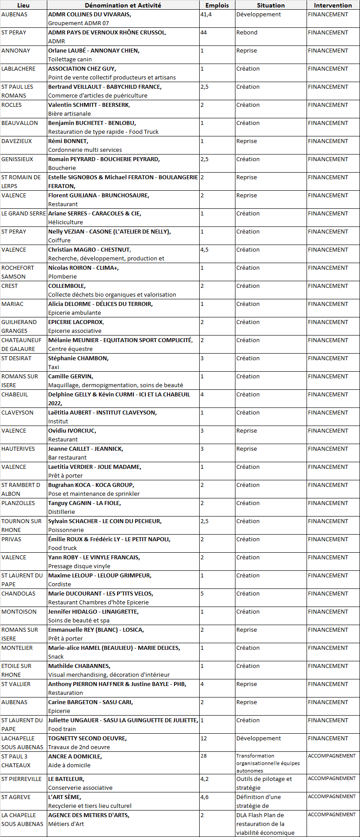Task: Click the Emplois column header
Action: click(x=217, y=5)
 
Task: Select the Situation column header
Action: click(x=270, y=5)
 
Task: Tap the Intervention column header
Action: click(x=333, y=5)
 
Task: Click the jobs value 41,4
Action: click(x=206, y=15)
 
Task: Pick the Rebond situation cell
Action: click(x=246, y=33)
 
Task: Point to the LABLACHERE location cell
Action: click(x=19, y=69)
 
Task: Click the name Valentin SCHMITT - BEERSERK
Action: click(x=89, y=105)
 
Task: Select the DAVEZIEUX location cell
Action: click(x=17, y=141)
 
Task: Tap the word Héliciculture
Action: click(x=65, y=222)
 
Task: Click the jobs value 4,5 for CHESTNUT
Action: click(x=204, y=250)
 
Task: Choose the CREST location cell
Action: click(x=10, y=286)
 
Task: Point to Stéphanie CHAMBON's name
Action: click(x=78, y=358)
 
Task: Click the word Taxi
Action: click(x=53, y=367)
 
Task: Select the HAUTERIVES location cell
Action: click(x=18, y=449)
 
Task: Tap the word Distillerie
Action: click(x=61, y=512)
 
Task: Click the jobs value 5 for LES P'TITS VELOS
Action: click(x=202, y=594)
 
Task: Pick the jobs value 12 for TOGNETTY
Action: click(x=203, y=739)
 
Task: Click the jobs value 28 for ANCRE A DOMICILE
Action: click(x=203, y=756)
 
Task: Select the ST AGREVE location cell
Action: click(x=16, y=797)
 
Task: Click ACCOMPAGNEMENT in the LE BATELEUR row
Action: click(x=331, y=778)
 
